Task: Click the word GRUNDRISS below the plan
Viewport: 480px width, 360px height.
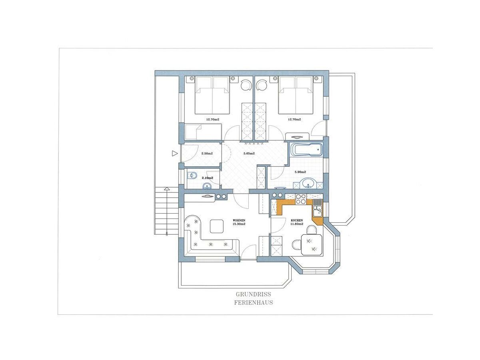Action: tap(253, 294)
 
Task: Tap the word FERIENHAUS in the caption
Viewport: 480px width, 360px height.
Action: tap(253, 302)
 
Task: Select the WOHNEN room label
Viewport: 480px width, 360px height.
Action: tap(239, 220)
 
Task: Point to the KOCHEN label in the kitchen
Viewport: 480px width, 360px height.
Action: tap(297, 220)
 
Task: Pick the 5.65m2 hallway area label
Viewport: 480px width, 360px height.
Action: tap(249, 154)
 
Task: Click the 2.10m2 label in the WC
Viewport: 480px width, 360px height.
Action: tap(207, 178)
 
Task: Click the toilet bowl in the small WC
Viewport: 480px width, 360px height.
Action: tap(192, 175)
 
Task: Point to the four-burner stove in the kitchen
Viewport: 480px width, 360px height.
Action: tap(301, 199)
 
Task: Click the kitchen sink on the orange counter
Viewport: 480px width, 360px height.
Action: tap(317, 209)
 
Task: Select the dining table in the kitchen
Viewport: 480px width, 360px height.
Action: tap(312, 244)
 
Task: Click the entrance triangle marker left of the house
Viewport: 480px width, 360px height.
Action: tap(174, 153)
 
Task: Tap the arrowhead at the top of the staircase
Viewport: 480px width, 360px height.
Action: tap(166, 188)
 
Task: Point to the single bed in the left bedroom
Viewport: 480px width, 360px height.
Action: tap(203, 131)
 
